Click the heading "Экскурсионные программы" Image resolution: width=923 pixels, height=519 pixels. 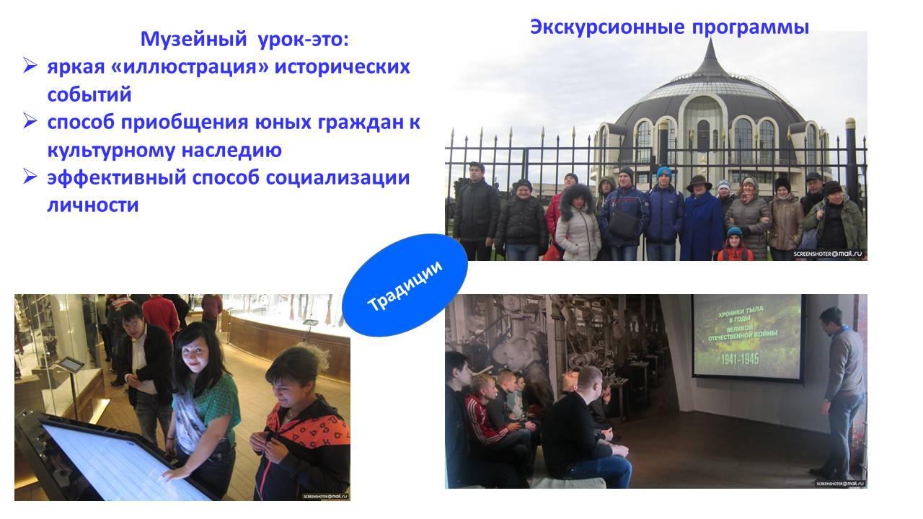click(x=669, y=27)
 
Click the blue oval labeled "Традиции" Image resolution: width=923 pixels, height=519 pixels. click(x=405, y=283)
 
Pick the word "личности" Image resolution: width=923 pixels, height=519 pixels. click(x=93, y=205)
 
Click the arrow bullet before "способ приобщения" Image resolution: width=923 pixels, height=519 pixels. click(x=30, y=121)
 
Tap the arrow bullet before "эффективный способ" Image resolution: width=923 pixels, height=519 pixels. click(x=30, y=177)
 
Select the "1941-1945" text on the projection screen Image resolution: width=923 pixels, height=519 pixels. click(x=746, y=358)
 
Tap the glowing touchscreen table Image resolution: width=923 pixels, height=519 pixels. click(x=115, y=461)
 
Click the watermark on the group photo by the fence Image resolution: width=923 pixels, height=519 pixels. click(x=827, y=254)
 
